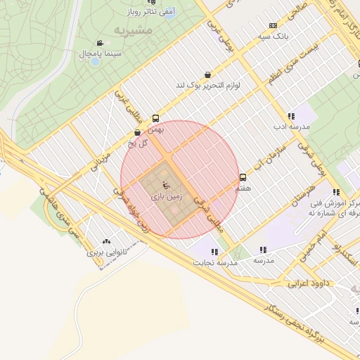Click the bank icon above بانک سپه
273,25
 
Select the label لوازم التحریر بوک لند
208,86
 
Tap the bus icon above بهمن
155,118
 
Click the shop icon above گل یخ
138,131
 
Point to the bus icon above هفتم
243,177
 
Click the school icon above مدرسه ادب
290,116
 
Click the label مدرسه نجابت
217,262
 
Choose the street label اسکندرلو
347,257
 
